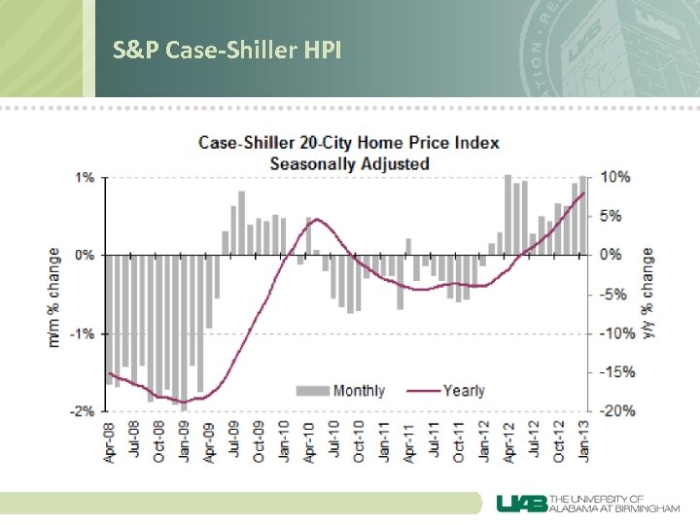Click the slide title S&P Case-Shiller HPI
pyautogui.click(x=227, y=50)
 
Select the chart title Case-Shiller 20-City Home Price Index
pyautogui.click(x=349, y=143)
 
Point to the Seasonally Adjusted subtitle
pyautogui.click(x=349, y=163)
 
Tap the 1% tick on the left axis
pyautogui.click(x=85, y=177)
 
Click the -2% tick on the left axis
pyautogui.click(x=83, y=410)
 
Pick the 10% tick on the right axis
pyautogui.click(x=615, y=177)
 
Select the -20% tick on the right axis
pyautogui.click(x=617, y=410)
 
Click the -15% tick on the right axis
pyautogui.click(x=617, y=371)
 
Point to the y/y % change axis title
pyautogui.click(x=647, y=294)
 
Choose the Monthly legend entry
pyautogui.click(x=346, y=391)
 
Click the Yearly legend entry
pyautogui.click(x=449, y=391)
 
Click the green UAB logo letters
pyautogui.click(x=523, y=503)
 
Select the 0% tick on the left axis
pyautogui.click(x=85, y=255)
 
